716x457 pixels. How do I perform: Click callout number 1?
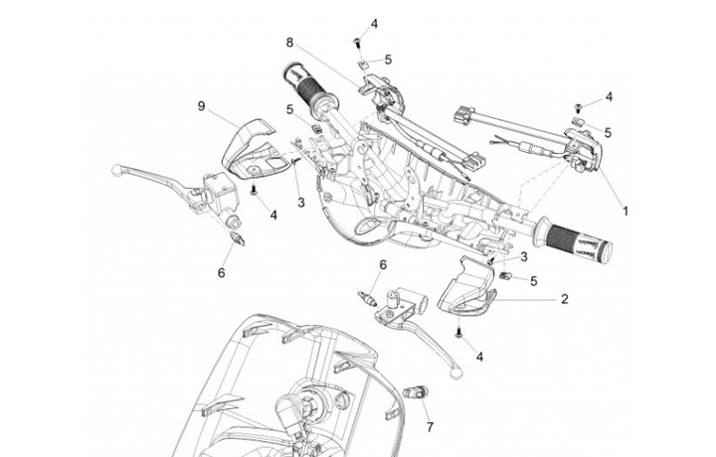(x=626, y=212)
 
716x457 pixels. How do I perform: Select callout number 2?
(x=564, y=298)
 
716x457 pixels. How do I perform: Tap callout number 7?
(x=430, y=428)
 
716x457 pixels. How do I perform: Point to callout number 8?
(x=289, y=43)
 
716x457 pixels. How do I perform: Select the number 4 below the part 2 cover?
(x=480, y=356)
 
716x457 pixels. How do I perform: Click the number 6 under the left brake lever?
(x=222, y=271)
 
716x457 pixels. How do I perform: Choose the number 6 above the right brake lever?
(x=382, y=264)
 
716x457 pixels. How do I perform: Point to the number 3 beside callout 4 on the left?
(x=300, y=202)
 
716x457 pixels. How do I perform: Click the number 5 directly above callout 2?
(x=533, y=281)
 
